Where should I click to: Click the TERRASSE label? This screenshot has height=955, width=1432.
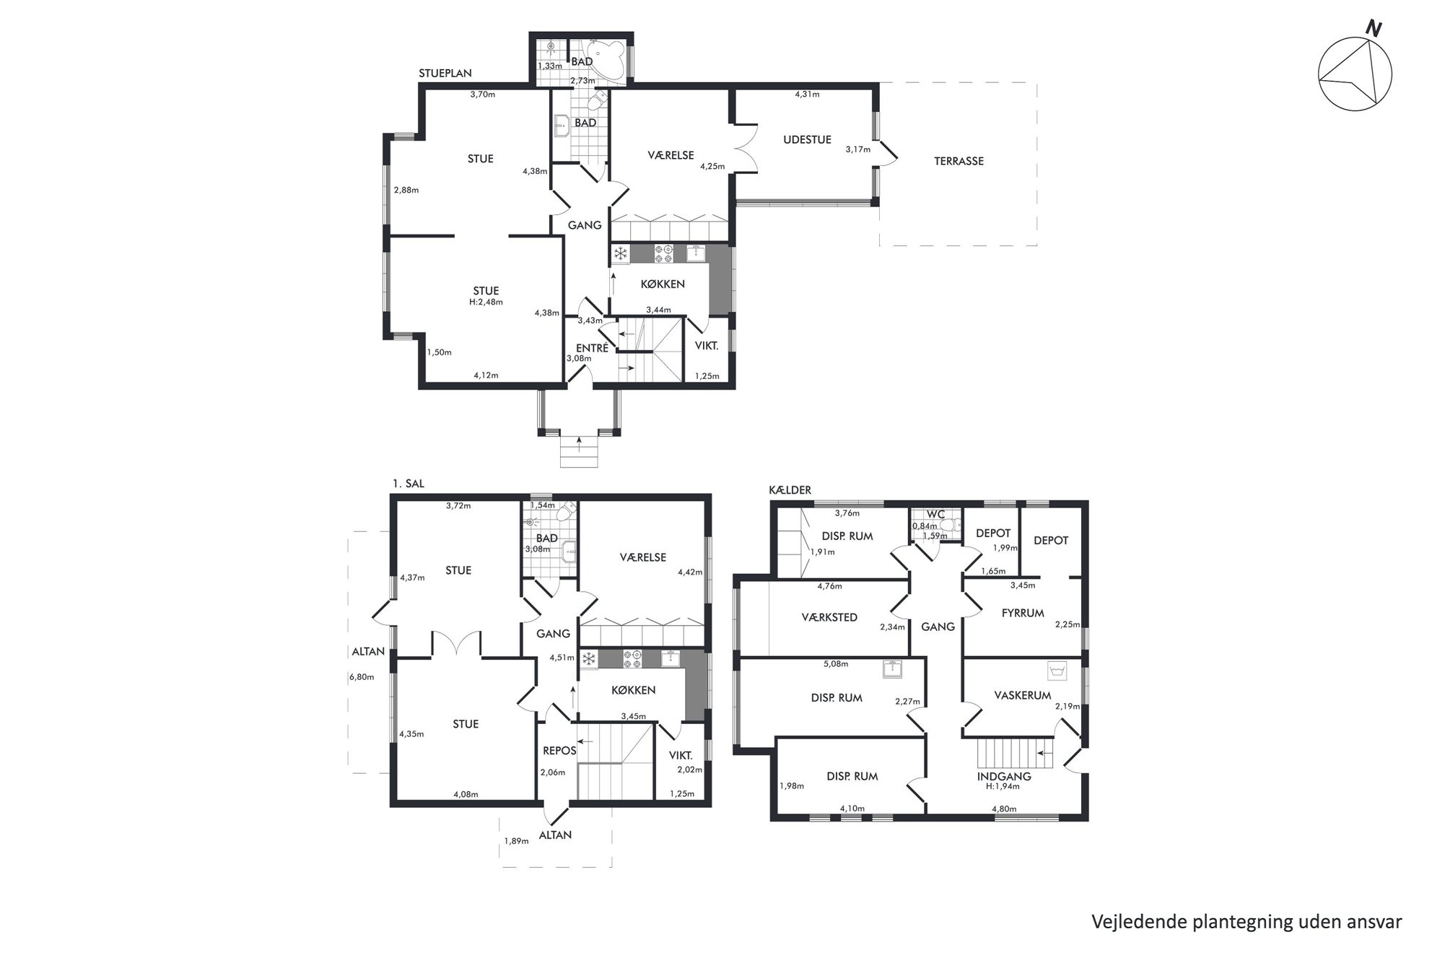click(959, 162)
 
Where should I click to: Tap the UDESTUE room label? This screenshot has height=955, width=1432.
click(807, 140)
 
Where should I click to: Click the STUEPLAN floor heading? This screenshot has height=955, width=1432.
click(445, 74)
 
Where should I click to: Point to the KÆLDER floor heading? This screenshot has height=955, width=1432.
click(790, 490)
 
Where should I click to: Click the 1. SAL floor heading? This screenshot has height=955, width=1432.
click(408, 484)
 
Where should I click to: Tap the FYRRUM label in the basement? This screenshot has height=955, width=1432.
click(1023, 614)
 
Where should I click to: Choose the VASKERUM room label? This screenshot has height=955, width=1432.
click(1023, 696)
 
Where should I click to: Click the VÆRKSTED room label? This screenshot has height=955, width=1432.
click(829, 618)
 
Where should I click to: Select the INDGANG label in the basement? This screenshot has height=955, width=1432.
click(1004, 777)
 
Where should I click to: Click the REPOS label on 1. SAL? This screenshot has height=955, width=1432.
click(559, 751)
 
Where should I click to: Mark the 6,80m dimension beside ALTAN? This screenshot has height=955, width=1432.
click(361, 677)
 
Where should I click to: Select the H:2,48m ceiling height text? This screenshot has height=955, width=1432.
click(486, 302)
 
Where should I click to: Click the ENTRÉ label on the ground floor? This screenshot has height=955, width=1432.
click(592, 348)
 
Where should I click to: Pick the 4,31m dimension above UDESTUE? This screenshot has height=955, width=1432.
click(807, 94)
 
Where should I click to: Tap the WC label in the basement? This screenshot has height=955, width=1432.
click(935, 515)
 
